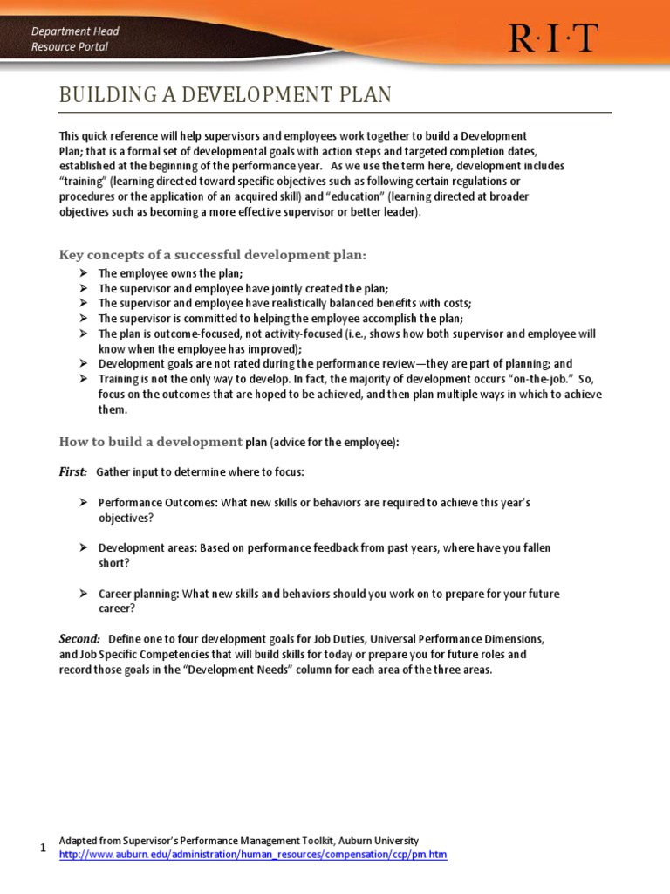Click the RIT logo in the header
554,38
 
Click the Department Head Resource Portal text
75,38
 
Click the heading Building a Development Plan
225,95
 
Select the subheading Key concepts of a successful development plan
213,255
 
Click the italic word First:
72,471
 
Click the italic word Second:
79,639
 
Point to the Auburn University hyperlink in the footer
252,855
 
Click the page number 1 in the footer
44,848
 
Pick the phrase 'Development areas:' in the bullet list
147,548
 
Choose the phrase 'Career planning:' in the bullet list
139,594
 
